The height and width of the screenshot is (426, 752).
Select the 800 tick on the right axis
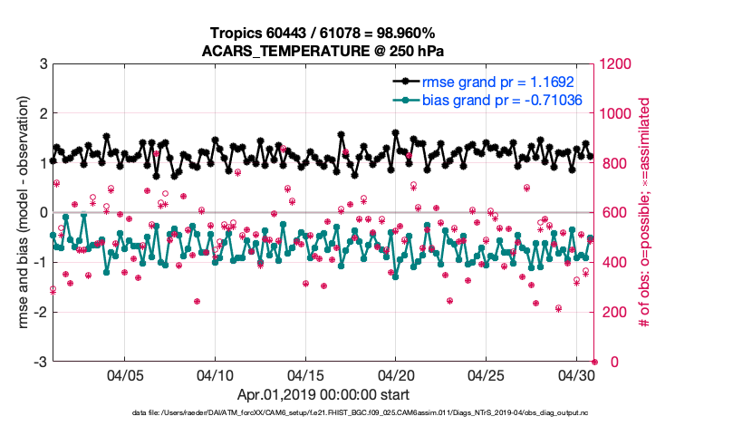(612, 164)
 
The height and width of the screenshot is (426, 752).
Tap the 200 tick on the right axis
(612, 313)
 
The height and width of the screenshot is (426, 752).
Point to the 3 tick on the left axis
(43, 64)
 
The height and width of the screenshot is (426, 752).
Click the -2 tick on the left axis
(40, 313)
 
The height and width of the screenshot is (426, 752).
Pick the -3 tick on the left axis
(40, 362)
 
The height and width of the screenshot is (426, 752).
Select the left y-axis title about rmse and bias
(15, 212)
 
